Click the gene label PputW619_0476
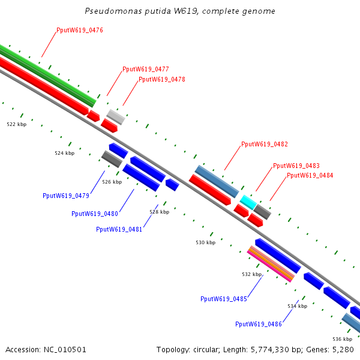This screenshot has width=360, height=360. (80, 30)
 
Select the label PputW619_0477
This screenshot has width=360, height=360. (145, 69)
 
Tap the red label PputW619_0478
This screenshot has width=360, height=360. (161, 79)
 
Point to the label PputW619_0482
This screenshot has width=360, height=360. (264, 144)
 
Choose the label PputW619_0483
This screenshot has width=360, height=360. (296, 166)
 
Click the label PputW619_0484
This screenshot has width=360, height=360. (310, 175)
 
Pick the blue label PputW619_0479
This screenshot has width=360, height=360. (66, 196)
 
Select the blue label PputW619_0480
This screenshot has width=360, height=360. (95, 214)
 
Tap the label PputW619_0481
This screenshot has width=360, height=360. (119, 229)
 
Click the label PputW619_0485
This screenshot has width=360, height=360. (224, 299)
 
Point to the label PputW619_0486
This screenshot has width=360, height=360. (259, 324)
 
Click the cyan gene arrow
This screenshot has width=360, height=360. (248, 200)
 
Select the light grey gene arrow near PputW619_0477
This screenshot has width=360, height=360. (116, 116)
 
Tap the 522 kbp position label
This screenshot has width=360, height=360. (17, 124)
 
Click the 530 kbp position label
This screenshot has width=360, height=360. (205, 242)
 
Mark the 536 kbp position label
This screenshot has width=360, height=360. (342, 339)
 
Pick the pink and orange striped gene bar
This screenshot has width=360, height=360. (271, 264)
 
